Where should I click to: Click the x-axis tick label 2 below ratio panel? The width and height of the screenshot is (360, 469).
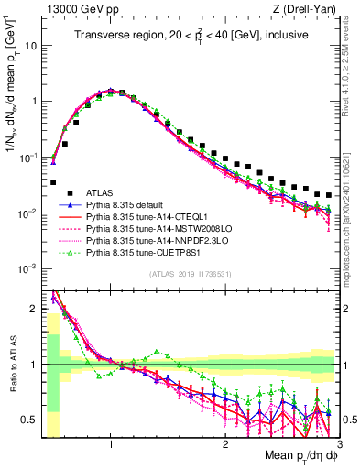click(224, 443)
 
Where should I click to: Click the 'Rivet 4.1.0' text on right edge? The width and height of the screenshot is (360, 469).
click(352, 55)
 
